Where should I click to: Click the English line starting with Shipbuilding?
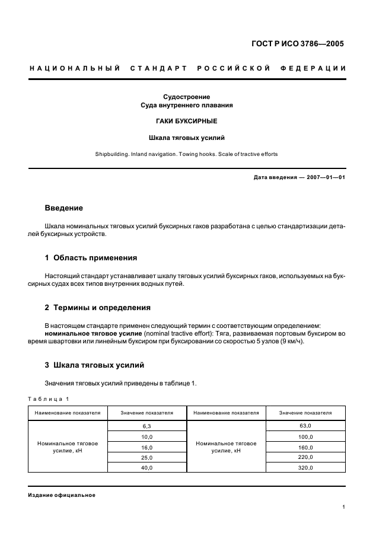[x=186, y=154]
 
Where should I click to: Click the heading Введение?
[x=64, y=208]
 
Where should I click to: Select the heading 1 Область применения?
[x=91, y=258]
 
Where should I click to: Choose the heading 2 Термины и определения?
[x=98, y=308]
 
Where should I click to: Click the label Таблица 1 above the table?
[x=49, y=399]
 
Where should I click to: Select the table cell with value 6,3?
[x=147, y=426]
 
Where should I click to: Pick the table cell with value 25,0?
[x=147, y=458]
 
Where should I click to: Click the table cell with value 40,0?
[x=147, y=468]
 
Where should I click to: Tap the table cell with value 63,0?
[x=306, y=425]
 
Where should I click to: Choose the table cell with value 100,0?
[x=306, y=436]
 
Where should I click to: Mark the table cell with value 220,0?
[x=306, y=457]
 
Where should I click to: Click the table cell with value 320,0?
[x=306, y=468]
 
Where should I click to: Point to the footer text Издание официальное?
[x=62, y=495]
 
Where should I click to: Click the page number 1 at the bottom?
[x=344, y=507]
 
